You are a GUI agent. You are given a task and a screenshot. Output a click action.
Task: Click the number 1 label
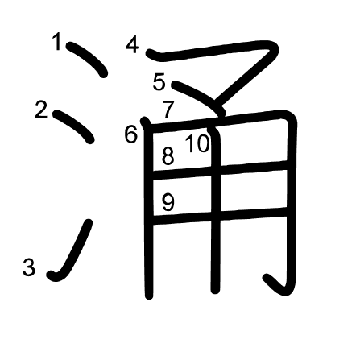[57, 42]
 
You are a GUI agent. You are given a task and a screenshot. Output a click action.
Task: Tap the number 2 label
[41, 110]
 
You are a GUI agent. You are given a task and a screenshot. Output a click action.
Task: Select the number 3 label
[29, 267]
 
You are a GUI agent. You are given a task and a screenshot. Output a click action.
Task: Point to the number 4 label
[132, 45]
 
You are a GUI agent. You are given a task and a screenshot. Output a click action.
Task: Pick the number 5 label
[159, 82]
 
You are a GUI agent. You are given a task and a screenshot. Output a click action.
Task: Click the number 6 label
[131, 134]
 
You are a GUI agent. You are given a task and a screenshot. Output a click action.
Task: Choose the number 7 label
[168, 110]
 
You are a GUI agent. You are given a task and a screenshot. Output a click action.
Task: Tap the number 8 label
[168, 155]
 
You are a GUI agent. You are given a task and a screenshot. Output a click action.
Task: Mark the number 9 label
[168, 202]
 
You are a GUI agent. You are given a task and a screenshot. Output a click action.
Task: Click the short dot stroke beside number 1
[86, 58]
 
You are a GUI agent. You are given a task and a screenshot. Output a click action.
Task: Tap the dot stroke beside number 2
[73, 126]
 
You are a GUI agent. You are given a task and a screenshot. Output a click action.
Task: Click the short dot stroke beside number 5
[200, 97]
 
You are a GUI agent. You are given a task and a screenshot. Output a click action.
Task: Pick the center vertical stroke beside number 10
[215, 209]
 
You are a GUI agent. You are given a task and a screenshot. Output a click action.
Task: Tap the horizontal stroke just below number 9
[220, 216]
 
